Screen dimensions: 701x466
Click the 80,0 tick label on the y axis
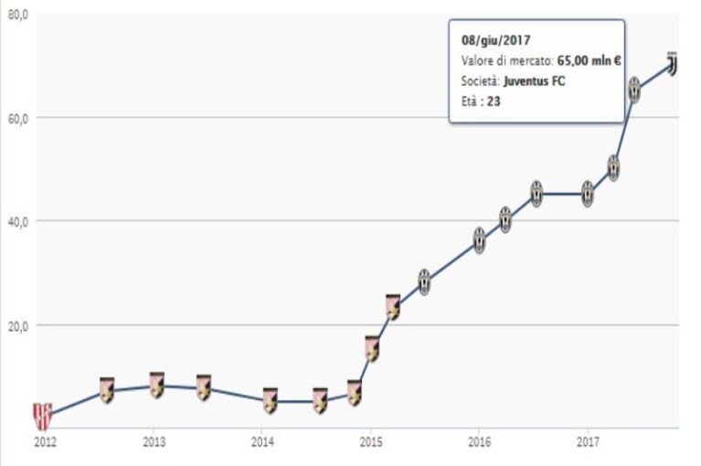pyautogui.click(x=18, y=15)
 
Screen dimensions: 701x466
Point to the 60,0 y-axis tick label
pyautogui.click(x=18, y=119)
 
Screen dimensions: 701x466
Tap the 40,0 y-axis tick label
pyautogui.click(x=18, y=222)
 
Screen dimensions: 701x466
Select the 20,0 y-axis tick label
pyautogui.click(x=18, y=326)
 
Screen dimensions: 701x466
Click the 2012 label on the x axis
pyautogui.click(x=45, y=442)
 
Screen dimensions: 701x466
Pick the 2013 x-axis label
pyautogui.click(x=154, y=442)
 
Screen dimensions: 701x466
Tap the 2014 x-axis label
pyautogui.click(x=262, y=442)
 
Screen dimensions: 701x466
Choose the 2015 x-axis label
pyautogui.click(x=371, y=442)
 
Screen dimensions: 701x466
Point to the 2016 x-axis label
pyautogui.click(x=479, y=442)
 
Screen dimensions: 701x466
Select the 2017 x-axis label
pyautogui.click(x=589, y=442)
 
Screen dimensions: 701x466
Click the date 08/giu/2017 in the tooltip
pyautogui.click(x=495, y=40)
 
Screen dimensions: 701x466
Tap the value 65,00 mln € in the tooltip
pyautogui.click(x=589, y=61)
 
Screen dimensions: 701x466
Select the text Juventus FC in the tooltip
pyautogui.click(x=535, y=81)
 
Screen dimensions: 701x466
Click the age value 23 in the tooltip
pyautogui.click(x=494, y=101)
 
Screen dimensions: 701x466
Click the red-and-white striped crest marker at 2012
pyautogui.click(x=43, y=417)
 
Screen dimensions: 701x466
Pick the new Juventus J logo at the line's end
pyautogui.click(x=672, y=64)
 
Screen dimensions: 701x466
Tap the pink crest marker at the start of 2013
pyautogui.click(x=156, y=385)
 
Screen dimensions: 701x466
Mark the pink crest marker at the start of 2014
pyautogui.click(x=270, y=401)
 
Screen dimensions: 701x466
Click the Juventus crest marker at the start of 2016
pyautogui.click(x=479, y=241)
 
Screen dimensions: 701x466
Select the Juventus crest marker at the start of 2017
pyautogui.click(x=588, y=194)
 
